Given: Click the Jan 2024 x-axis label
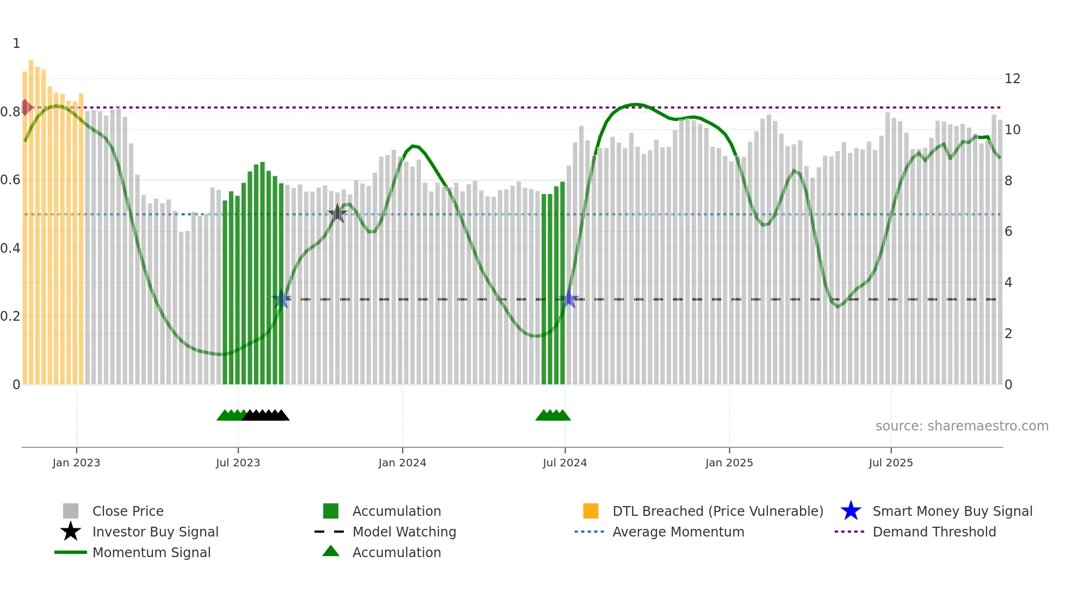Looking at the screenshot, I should [x=402, y=463].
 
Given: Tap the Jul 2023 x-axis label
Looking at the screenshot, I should [x=238, y=463].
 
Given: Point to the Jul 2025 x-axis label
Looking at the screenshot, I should [x=890, y=463].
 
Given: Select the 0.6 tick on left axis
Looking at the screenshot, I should [x=10, y=180].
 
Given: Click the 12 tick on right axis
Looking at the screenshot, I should [x=1012, y=79].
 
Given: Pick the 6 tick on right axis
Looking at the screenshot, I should [x=1008, y=232].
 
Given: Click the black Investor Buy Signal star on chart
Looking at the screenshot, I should [x=337, y=214].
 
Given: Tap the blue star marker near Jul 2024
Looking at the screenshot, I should [x=568, y=299].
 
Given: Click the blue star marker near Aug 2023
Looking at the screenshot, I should [x=281, y=299].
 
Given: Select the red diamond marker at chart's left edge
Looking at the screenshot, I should [x=26, y=108].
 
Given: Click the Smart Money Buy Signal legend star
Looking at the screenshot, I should [x=851, y=511].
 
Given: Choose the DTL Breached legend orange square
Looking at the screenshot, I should [x=591, y=511].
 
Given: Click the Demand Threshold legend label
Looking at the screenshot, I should [x=934, y=532].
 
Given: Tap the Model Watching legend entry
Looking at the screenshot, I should [x=404, y=532].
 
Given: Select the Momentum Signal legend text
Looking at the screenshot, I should [x=151, y=552].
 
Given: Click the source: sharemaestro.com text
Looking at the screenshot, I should [x=962, y=426].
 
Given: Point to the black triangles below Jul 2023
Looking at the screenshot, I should [x=265, y=415].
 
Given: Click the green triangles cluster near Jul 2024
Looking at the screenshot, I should [x=553, y=415].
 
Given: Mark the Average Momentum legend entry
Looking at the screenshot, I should [x=678, y=532].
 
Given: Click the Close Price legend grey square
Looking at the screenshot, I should [x=71, y=511].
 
